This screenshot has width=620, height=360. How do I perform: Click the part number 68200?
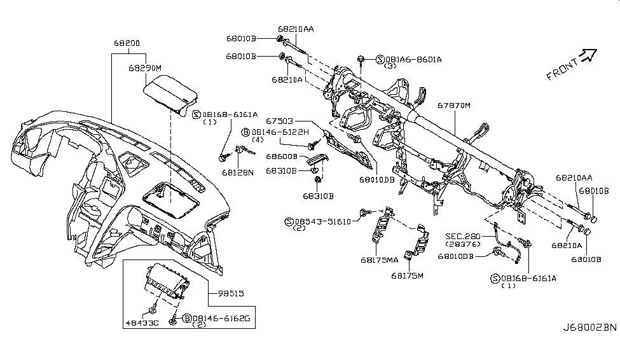(x=128, y=44)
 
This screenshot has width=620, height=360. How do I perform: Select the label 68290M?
(x=145, y=67)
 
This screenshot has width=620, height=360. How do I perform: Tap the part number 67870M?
(x=453, y=105)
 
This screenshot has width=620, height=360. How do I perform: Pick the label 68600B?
(x=281, y=156)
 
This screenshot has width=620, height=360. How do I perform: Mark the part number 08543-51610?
(x=327, y=221)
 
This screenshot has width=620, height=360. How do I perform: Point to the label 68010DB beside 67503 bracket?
(x=376, y=179)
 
